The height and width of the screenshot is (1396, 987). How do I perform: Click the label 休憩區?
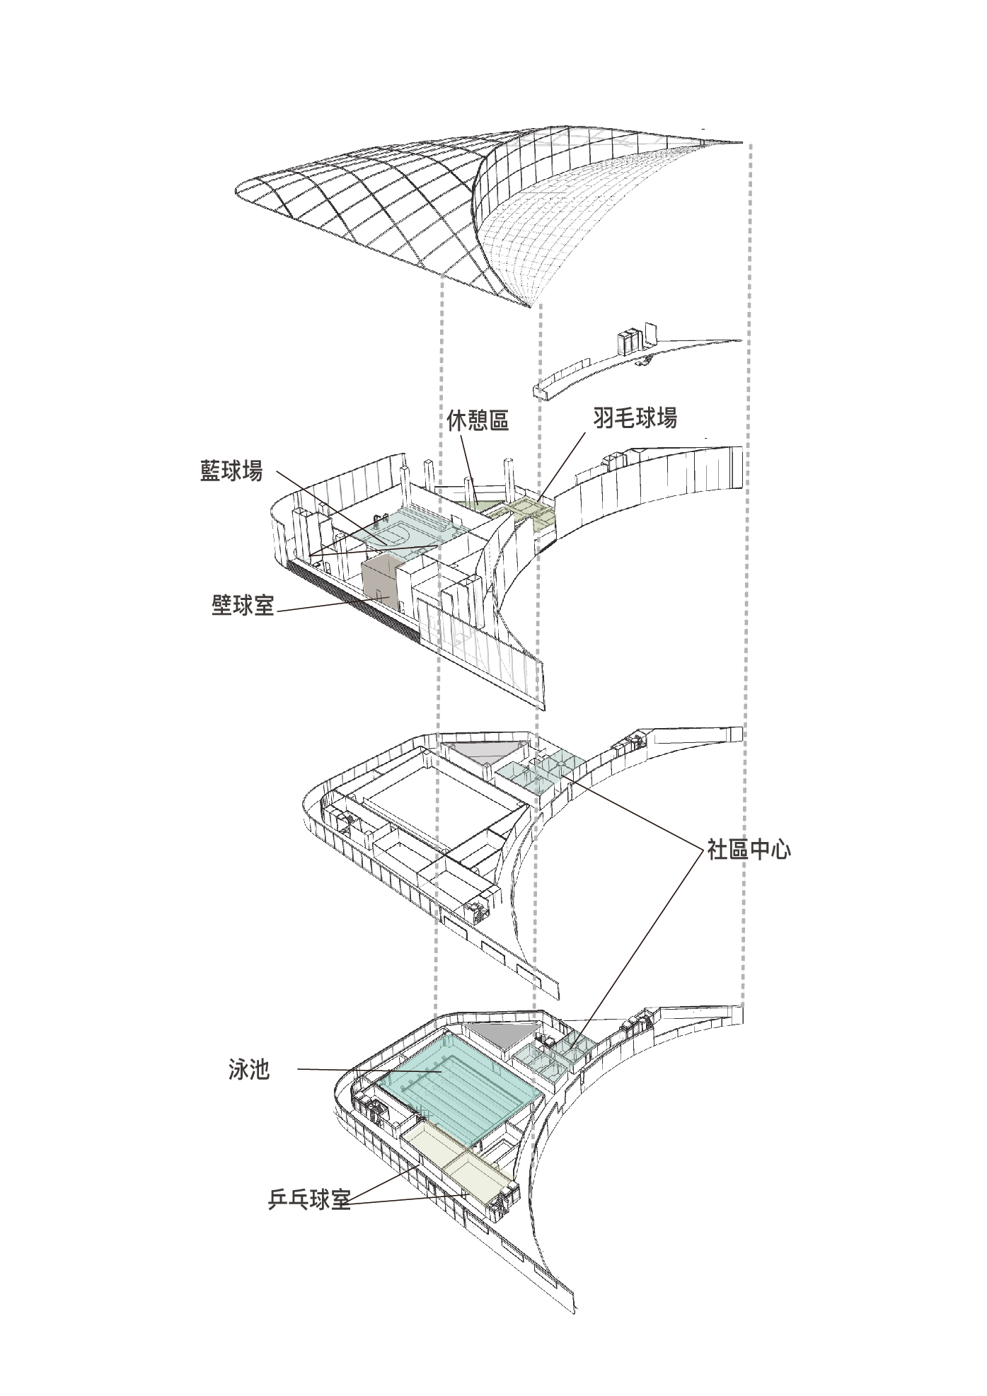point(478,421)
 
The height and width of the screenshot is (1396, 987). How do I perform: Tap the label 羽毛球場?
point(635,418)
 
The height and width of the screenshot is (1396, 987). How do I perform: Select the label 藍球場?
point(231,471)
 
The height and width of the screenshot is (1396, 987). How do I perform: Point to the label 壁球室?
point(243,605)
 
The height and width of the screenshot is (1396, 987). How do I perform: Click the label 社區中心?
point(749,849)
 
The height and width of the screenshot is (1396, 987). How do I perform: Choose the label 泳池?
point(249,1069)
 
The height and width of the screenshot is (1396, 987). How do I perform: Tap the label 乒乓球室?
point(309,1199)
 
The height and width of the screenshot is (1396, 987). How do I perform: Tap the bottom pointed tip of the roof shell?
point(529,308)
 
